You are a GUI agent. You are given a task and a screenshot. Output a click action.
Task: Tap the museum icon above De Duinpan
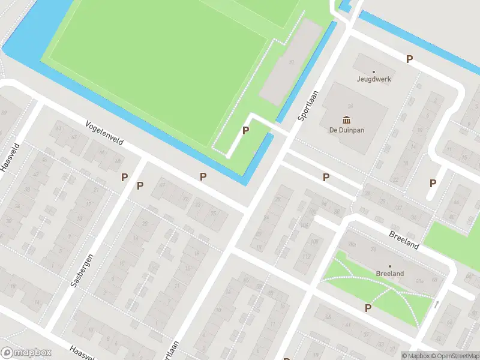(346, 119)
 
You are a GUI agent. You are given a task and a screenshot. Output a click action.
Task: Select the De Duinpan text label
(346, 130)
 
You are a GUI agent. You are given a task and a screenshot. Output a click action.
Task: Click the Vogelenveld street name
(105, 134)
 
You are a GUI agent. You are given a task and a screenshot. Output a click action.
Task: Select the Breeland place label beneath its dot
(389, 274)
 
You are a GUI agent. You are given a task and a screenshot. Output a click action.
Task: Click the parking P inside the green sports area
(245, 131)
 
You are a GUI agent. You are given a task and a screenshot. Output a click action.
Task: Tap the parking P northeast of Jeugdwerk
(409, 59)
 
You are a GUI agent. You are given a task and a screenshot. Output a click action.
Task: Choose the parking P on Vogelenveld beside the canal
(203, 176)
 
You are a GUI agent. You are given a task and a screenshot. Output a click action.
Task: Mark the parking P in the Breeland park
(368, 308)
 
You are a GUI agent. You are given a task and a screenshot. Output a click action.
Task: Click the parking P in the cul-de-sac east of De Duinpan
(433, 184)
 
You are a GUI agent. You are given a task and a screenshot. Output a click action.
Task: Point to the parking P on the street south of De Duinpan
(326, 177)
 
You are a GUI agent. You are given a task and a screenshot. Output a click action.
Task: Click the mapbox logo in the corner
(26, 353)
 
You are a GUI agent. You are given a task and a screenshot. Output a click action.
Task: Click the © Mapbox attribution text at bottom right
(416, 356)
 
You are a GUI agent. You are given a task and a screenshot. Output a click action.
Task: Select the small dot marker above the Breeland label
(389, 266)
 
